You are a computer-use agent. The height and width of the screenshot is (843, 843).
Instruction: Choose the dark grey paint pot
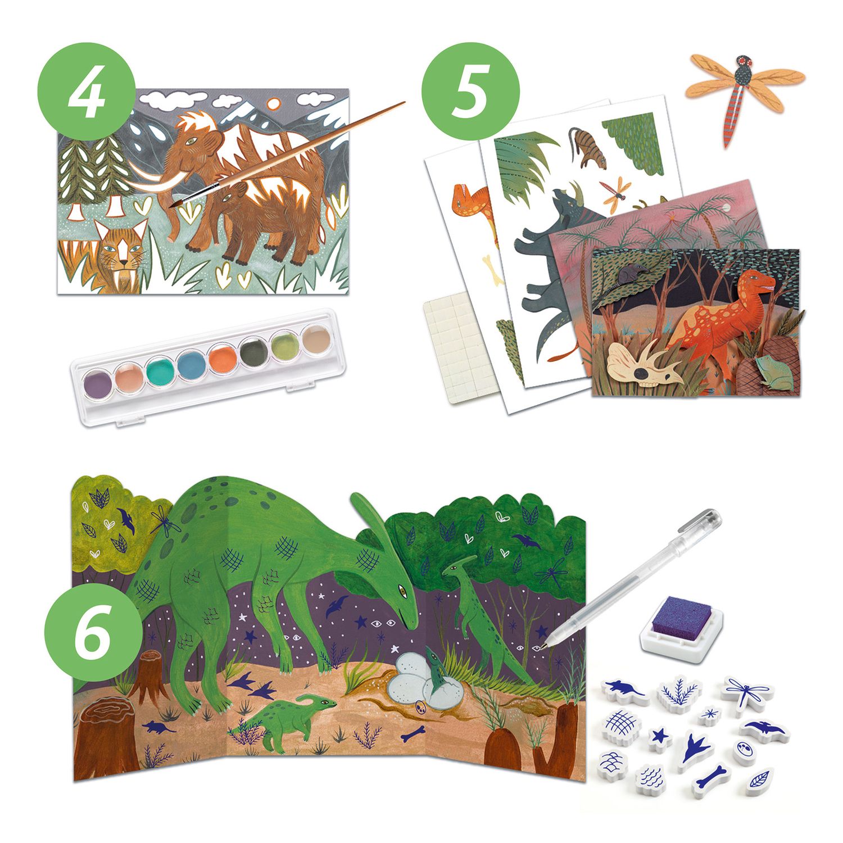click(x=252, y=351)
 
